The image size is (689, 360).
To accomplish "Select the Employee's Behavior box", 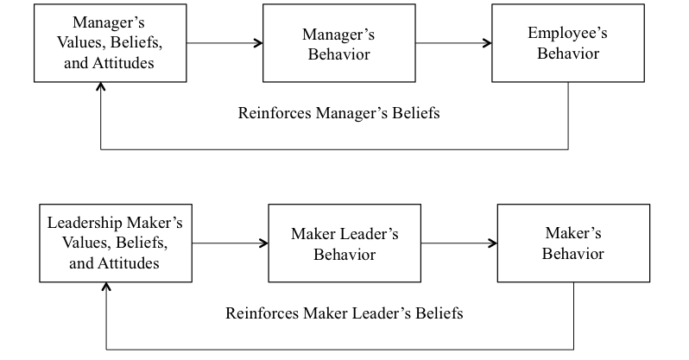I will (568, 43).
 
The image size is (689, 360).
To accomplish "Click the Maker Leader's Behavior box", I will (344, 243).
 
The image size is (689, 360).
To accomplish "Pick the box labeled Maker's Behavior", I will (573, 243).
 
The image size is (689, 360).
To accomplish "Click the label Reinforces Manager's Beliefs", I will (338, 113).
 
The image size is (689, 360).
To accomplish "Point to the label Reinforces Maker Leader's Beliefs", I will (344, 313).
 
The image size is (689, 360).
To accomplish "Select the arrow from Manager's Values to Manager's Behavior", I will (223, 42).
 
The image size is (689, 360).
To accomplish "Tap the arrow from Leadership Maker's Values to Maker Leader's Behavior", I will (230, 243).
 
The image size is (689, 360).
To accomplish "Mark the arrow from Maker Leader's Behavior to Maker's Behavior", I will (458, 243).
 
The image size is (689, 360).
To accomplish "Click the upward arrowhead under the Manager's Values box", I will (102, 88).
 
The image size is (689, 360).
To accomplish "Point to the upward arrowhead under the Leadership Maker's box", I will (107, 287).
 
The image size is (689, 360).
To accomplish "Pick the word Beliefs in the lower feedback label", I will (436, 313).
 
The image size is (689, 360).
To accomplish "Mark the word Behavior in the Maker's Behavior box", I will (573, 254).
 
